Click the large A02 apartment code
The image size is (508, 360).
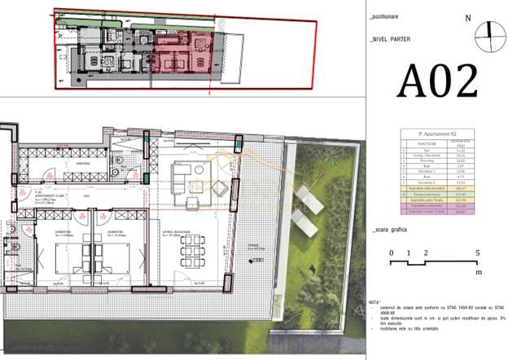pyautogui.click(x=437, y=81)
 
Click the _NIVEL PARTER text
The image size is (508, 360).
pyautogui.click(x=390, y=38)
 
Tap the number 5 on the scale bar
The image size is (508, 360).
pyautogui.click(x=478, y=253)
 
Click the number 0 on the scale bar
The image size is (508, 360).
pyautogui.click(x=391, y=253)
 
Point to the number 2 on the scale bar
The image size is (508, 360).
pyautogui.click(x=426, y=253)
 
